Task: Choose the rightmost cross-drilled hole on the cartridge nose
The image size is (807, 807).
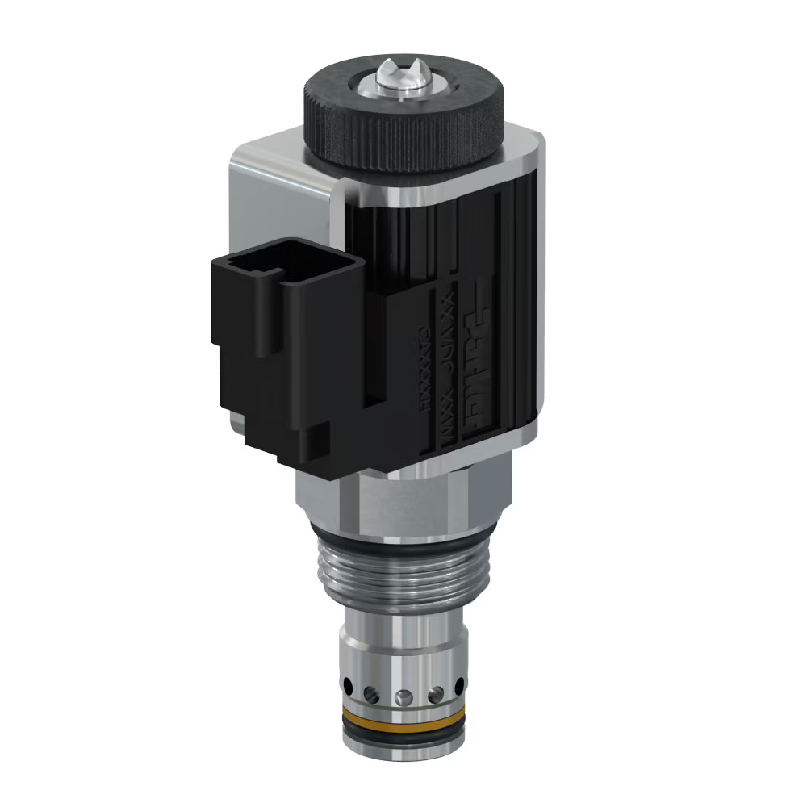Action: [459, 687]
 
